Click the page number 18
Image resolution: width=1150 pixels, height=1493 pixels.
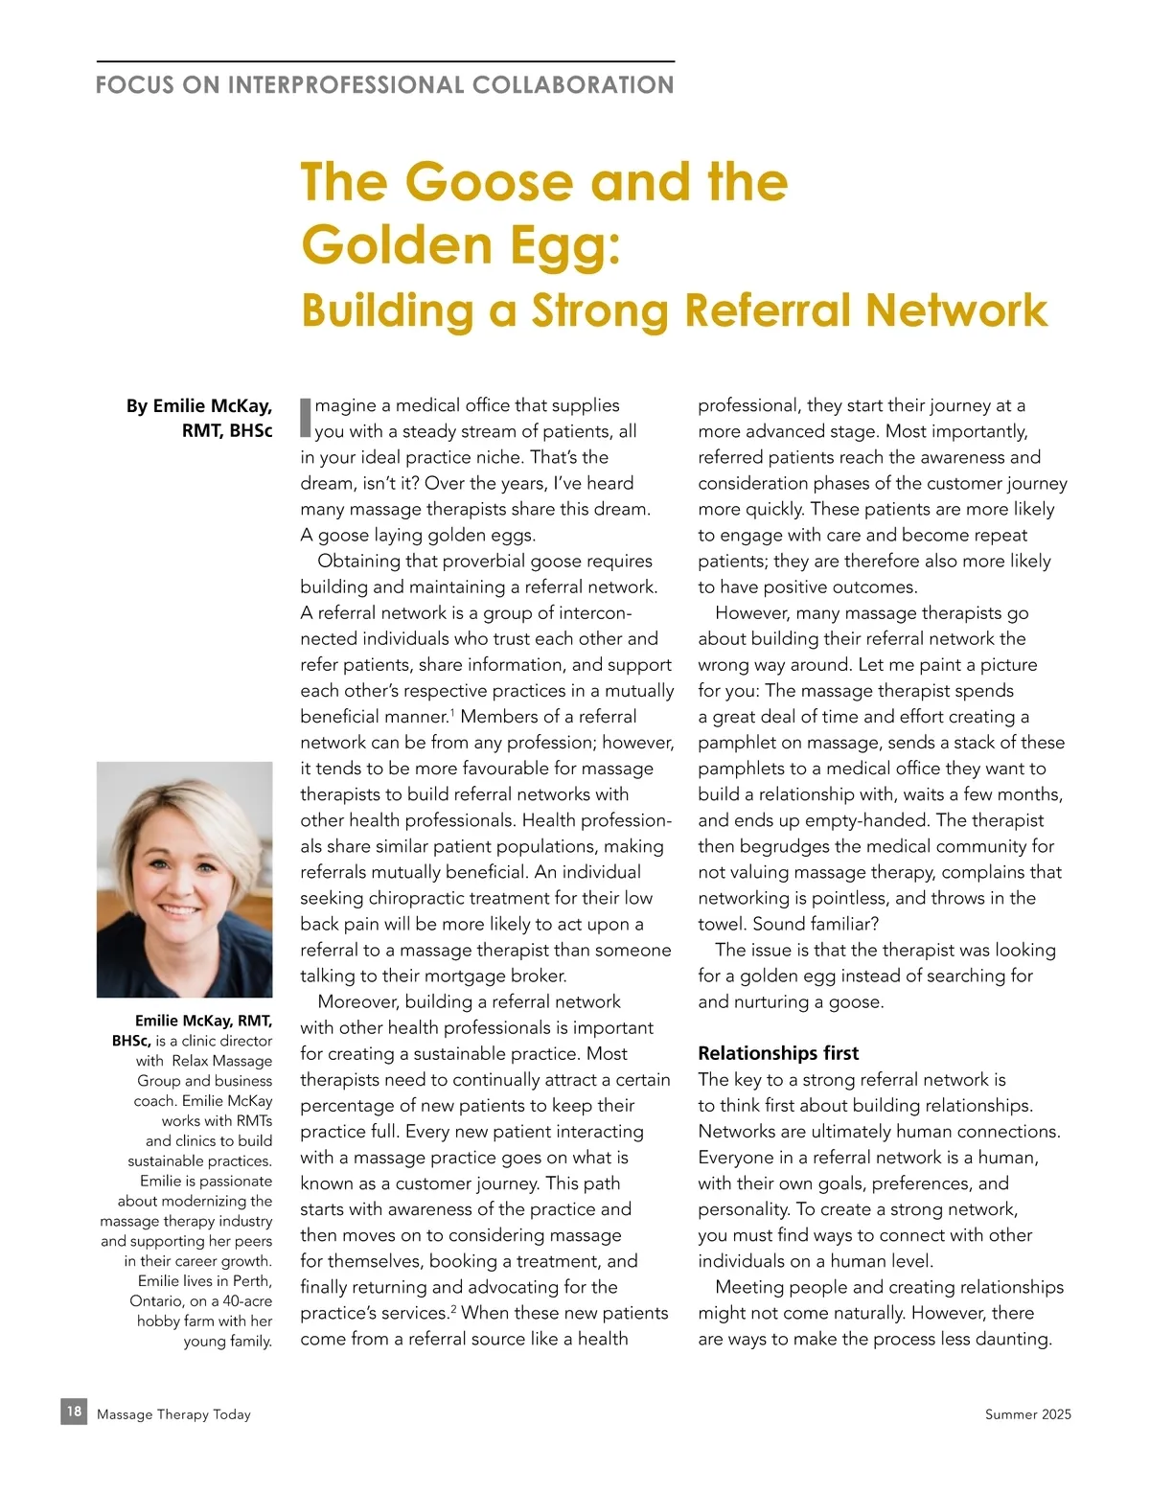click(74, 1412)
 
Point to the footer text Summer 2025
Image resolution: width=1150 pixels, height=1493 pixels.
click(1027, 1414)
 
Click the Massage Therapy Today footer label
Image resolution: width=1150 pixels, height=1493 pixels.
click(173, 1414)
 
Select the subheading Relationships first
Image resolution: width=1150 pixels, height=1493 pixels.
click(778, 1053)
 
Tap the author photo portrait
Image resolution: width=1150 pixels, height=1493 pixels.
click(184, 879)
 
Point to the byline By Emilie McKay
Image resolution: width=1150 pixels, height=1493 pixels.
click(199, 406)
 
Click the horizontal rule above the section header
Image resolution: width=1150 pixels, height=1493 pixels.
click(385, 61)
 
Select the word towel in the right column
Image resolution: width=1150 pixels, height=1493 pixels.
click(723, 924)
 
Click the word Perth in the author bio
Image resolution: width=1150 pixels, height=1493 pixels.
click(251, 1281)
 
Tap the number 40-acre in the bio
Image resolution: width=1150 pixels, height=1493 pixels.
click(247, 1301)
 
